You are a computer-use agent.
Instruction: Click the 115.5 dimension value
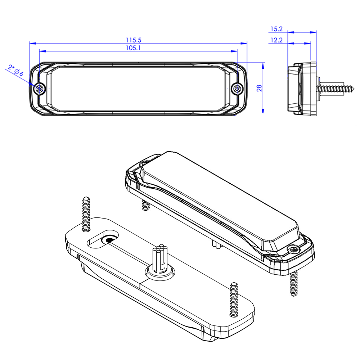click(134, 40)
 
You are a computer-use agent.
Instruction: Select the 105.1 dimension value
click(134, 48)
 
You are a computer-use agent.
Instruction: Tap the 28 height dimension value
click(259, 88)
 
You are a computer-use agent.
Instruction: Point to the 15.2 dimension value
click(276, 29)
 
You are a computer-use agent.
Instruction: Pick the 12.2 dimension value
click(276, 40)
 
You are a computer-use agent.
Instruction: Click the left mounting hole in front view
click(40, 89)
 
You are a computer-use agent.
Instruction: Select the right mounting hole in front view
click(237, 89)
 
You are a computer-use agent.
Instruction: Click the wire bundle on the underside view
click(160, 257)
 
